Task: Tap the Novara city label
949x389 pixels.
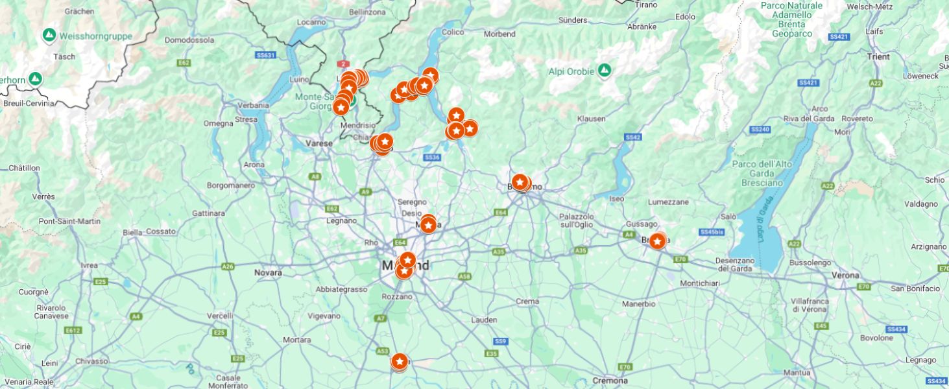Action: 268,272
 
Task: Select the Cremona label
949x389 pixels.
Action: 609,381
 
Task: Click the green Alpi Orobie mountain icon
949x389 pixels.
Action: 605,69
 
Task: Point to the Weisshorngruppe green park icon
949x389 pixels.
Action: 49,34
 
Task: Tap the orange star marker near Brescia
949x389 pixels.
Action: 657,241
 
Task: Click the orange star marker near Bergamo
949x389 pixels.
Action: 520,182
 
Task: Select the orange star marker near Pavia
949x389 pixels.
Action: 399,360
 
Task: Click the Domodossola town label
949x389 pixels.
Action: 189,40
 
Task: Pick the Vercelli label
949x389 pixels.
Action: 219,315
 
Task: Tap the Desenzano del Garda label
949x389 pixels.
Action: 716,264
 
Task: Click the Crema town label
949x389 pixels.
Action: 527,301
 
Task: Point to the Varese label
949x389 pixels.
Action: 318,143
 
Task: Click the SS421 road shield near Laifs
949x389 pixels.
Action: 839,37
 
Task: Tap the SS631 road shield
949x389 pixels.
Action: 265,55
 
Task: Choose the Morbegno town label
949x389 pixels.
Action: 499,34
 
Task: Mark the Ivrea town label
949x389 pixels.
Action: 89,265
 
